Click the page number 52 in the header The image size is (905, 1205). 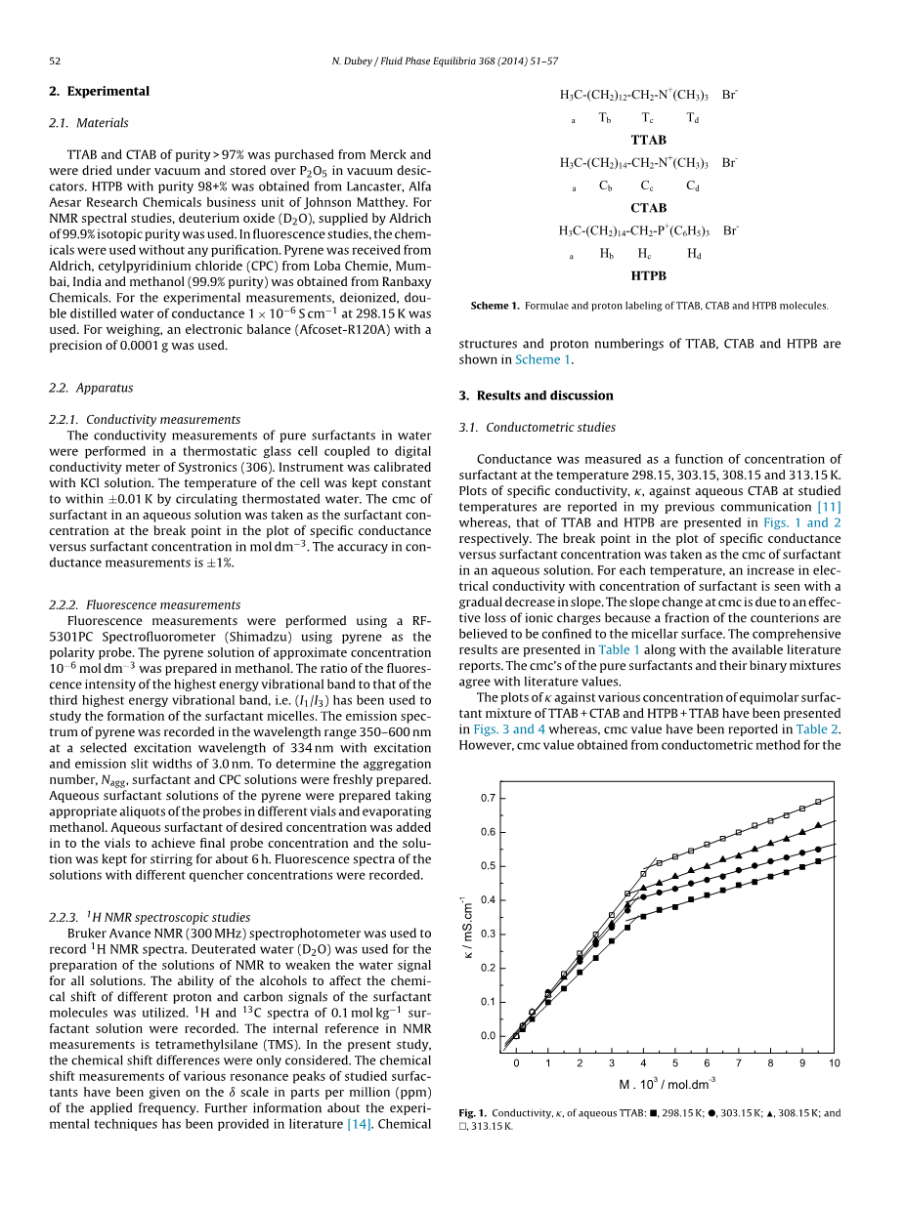(x=55, y=61)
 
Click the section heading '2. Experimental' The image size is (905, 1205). (x=99, y=91)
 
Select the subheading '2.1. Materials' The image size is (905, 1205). (x=88, y=123)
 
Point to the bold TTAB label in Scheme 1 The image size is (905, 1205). (x=649, y=140)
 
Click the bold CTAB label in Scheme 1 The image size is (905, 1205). (x=649, y=208)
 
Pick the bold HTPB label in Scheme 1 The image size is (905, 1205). (x=649, y=275)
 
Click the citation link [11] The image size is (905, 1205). (x=828, y=507)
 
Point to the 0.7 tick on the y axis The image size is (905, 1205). (x=488, y=798)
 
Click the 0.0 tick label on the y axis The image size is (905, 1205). (x=488, y=1036)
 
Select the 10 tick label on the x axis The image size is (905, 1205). (x=833, y=1062)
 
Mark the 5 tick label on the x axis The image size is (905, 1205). (x=674, y=1062)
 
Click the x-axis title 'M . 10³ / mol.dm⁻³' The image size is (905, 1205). (x=667, y=1084)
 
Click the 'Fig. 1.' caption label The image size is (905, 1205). (x=472, y=1113)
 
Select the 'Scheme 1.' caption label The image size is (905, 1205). (x=495, y=306)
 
